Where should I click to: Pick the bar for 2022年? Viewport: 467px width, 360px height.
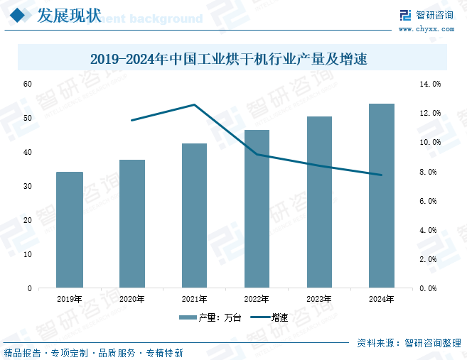pos(257,209)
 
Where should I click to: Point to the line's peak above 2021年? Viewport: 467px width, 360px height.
pos(194,105)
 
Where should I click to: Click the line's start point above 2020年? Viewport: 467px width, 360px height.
pos(132,120)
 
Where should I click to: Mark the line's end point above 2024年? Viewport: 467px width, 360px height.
pos(382,175)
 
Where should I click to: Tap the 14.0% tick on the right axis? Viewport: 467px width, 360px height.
pos(431,84)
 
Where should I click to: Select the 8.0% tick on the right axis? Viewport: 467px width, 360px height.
pos(431,172)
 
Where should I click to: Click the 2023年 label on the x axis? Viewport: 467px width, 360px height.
pos(319,299)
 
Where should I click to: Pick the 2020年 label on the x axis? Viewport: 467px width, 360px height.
pos(132,299)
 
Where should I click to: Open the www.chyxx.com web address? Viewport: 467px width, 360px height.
pos(426,29)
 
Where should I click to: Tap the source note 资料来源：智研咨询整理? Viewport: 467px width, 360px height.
pos(409,343)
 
